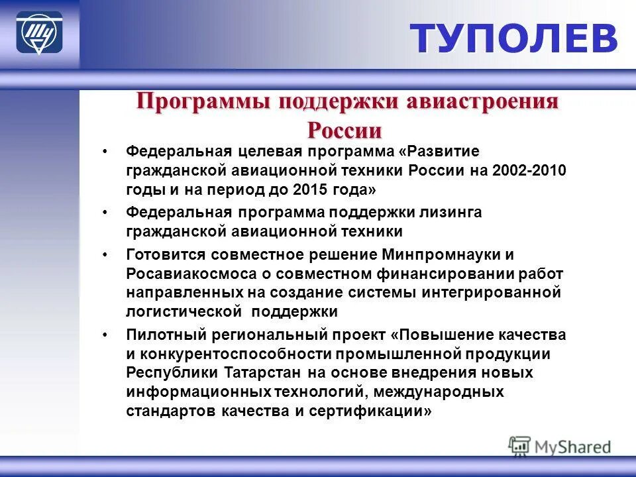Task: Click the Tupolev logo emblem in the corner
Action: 39,33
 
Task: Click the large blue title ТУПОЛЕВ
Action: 514,38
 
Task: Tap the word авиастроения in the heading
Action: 489,102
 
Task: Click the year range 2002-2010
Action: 530,170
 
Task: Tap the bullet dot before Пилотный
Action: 105,335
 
